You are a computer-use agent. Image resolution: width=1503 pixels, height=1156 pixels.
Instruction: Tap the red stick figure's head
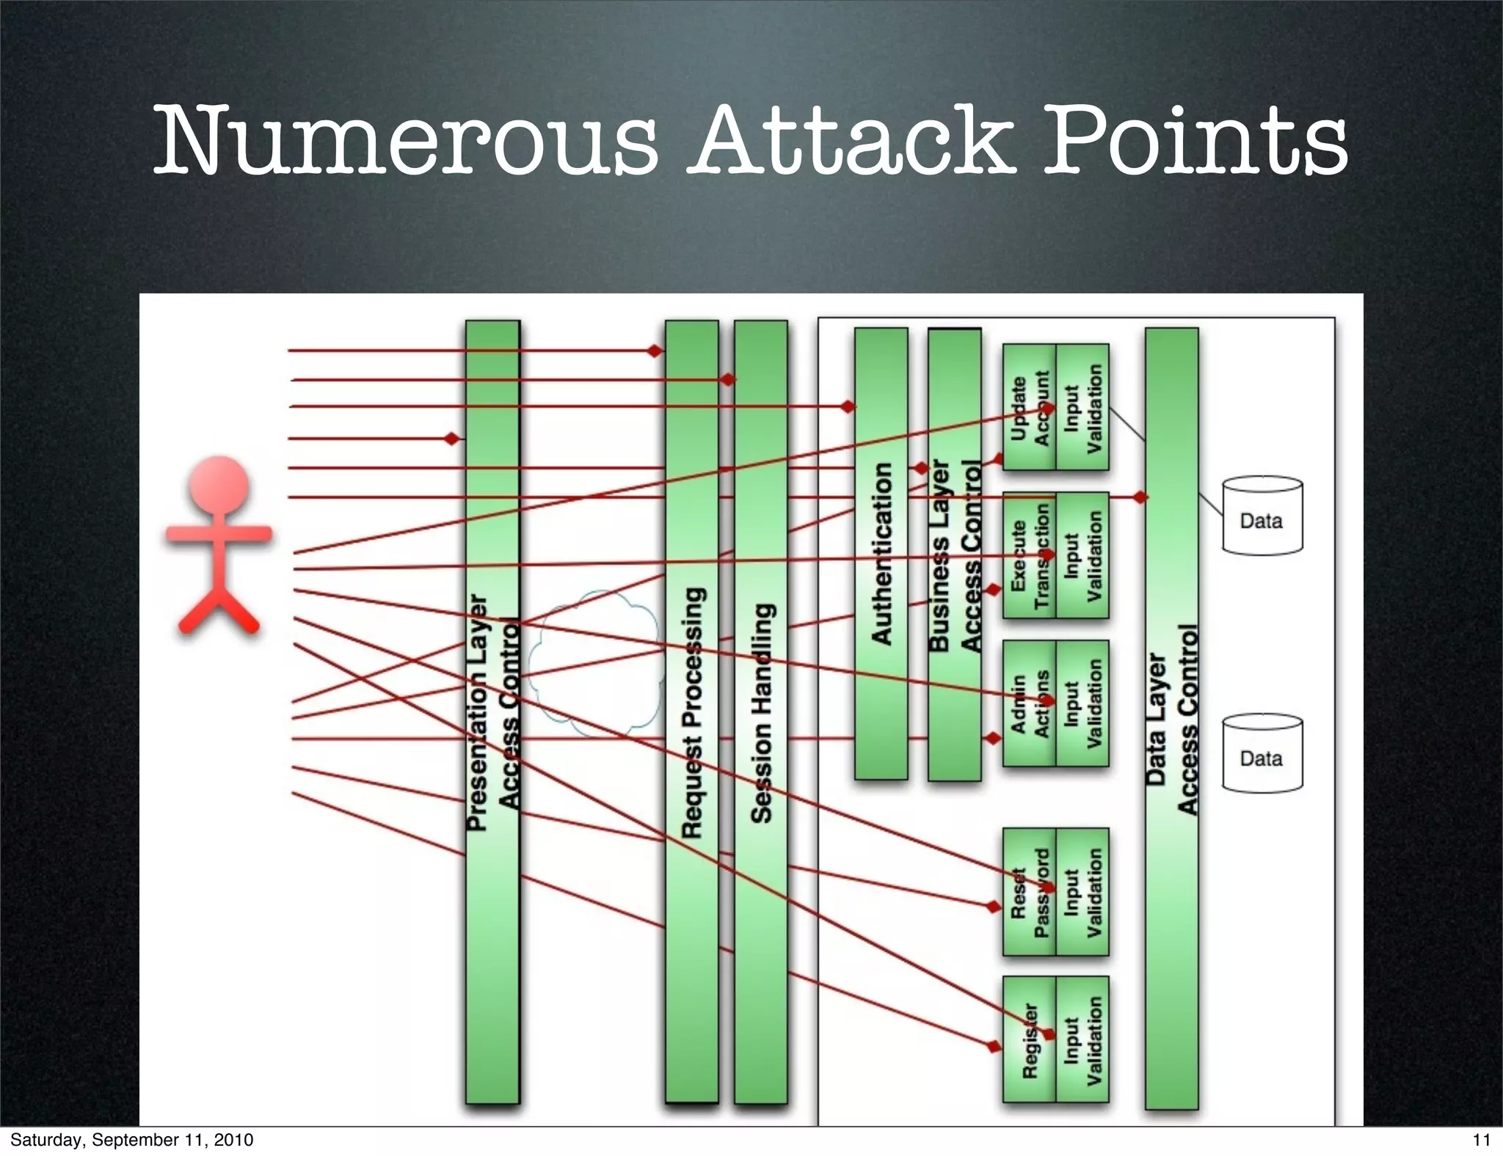pos(219,487)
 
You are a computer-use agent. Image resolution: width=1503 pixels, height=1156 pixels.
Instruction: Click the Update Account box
pos(1029,408)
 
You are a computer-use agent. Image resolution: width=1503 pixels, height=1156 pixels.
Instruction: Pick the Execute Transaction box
pos(1029,556)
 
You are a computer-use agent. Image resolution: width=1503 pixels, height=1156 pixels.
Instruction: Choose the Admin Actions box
pos(1029,704)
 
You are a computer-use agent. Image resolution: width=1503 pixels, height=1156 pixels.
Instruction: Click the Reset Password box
pos(1029,892)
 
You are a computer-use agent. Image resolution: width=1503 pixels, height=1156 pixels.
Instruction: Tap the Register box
pos(1029,1040)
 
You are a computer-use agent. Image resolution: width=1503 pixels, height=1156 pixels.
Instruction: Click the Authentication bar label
pos(881,554)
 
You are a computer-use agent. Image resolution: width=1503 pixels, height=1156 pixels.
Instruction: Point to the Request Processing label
pos(692,711)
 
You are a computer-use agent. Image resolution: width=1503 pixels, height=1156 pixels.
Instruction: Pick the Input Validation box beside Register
pos(1082,1040)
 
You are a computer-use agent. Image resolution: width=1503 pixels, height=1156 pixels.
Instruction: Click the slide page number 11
pos(1481,1140)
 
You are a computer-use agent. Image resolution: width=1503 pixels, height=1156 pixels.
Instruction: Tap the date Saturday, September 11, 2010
pos(131,1140)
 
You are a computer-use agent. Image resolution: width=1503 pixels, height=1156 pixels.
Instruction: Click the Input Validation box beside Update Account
pos(1082,408)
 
